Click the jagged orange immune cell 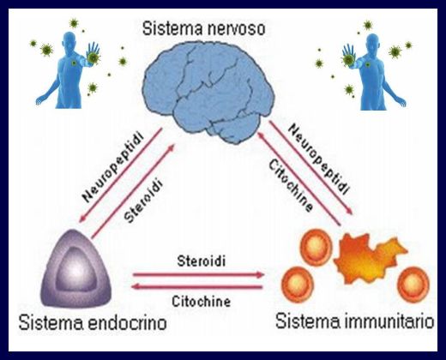pyautogui.click(x=370, y=258)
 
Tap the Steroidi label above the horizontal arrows pyautogui.click(x=202, y=261)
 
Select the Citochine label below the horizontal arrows pyautogui.click(x=202, y=302)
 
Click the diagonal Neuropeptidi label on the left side pyautogui.click(x=112, y=167)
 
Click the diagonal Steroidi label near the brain pyautogui.click(x=143, y=201)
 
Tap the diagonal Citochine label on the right pyautogui.click(x=291, y=186)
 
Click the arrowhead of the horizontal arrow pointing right pyautogui.click(x=260, y=274)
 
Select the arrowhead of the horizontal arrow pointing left pyautogui.click(x=135, y=286)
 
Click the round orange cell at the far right pyautogui.click(x=413, y=285)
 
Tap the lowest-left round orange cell pyautogui.click(x=298, y=284)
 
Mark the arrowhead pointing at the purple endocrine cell pyautogui.click(x=81, y=219)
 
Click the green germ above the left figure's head pyautogui.click(x=74, y=23)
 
